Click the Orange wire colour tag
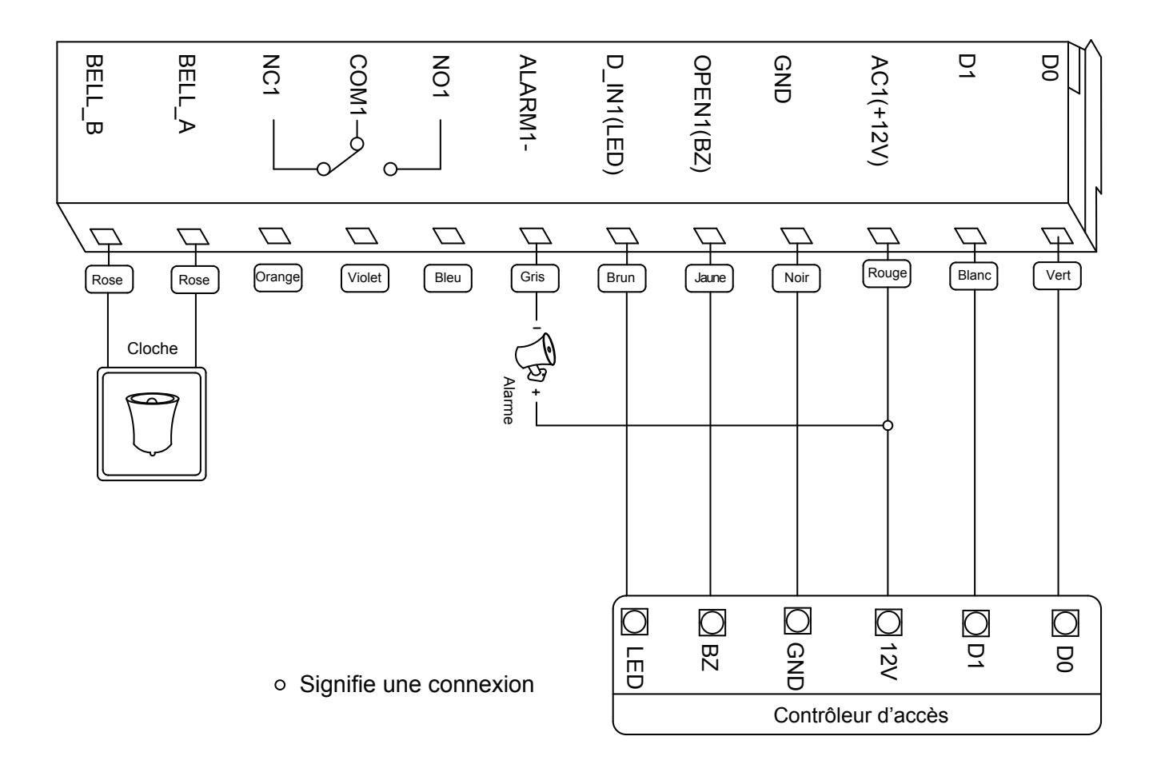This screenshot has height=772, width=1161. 277,278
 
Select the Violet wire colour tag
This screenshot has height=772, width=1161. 365,278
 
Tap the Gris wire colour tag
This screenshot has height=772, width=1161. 535,278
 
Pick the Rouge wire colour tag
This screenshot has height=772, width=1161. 887,273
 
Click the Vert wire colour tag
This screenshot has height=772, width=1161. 1057,276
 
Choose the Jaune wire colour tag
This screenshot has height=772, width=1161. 709,278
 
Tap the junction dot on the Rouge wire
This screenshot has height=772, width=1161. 888,425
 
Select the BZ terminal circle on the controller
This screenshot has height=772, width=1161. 712,623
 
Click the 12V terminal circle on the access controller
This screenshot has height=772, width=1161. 888,622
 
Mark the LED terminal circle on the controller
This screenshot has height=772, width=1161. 634,621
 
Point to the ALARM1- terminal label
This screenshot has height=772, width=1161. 528,103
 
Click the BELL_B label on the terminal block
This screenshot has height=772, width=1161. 94,95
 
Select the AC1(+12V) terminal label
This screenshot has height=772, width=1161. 879,110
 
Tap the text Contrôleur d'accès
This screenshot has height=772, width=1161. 860,715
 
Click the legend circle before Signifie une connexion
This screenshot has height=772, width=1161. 280,685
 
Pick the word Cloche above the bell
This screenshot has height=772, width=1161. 153,348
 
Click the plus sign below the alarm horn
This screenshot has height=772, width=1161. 536,392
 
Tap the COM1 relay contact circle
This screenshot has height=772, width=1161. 357,144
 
